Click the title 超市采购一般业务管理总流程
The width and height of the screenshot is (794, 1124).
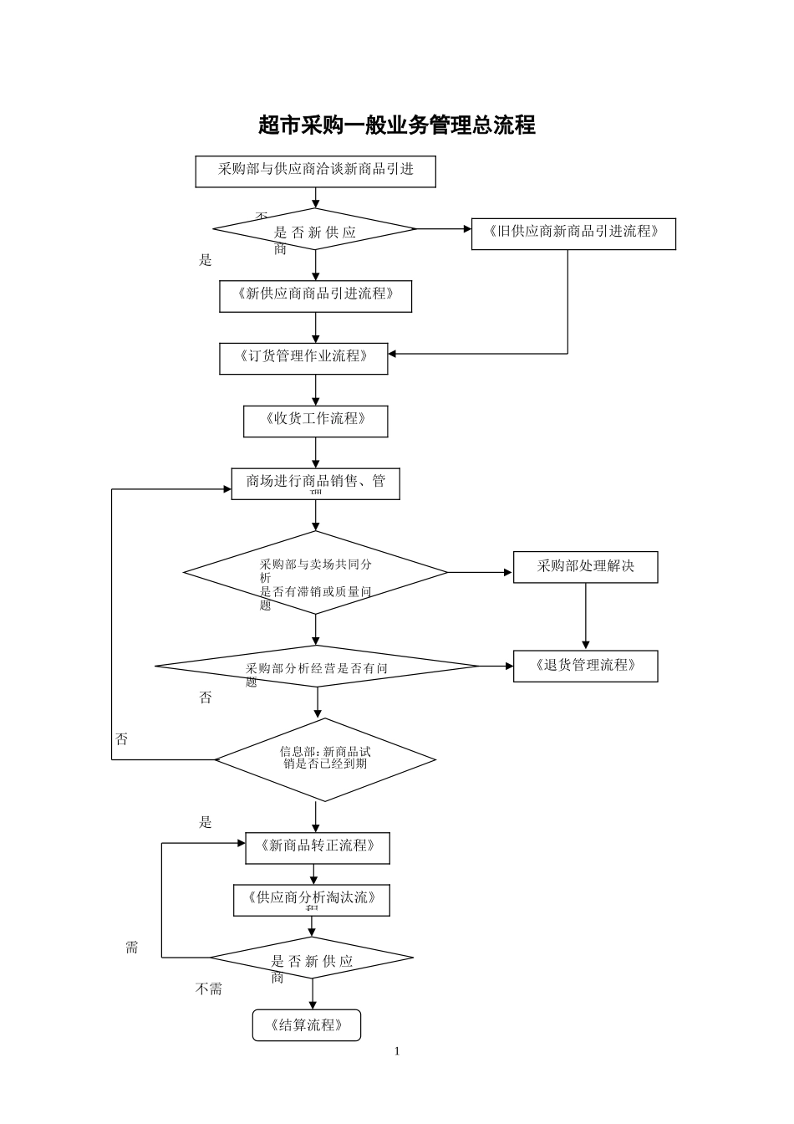click(x=397, y=125)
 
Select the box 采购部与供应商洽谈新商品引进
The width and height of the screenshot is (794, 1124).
click(x=315, y=171)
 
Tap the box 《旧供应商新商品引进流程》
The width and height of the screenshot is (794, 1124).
click(x=573, y=233)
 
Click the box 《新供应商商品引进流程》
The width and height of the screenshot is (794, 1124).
click(x=315, y=296)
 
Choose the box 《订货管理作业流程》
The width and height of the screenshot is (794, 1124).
click(x=303, y=358)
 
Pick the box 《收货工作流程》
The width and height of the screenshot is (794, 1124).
click(x=315, y=421)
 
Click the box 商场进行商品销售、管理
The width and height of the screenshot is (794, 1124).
click(x=315, y=483)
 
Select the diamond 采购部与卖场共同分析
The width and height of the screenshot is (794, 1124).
click(x=315, y=573)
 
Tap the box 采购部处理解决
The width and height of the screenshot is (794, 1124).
click(x=585, y=567)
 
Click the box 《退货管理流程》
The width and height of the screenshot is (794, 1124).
click(x=585, y=666)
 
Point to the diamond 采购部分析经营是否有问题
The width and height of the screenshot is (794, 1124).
click(x=317, y=667)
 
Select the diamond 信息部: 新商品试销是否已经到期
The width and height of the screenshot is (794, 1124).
click(x=325, y=759)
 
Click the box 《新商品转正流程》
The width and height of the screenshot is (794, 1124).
click(x=318, y=847)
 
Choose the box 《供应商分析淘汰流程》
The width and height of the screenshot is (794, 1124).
click(x=311, y=900)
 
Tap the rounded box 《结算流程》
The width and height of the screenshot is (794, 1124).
click(x=307, y=1025)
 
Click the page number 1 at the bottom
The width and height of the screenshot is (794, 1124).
click(x=397, y=1051)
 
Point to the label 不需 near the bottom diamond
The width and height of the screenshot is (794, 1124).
click(x=209, y=989)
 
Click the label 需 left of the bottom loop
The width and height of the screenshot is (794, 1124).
click(x=132, y=948)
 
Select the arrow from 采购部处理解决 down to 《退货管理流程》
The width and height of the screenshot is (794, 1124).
click(x=585, y=616)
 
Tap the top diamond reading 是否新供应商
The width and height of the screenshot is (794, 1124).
click(x=315, y=229)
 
